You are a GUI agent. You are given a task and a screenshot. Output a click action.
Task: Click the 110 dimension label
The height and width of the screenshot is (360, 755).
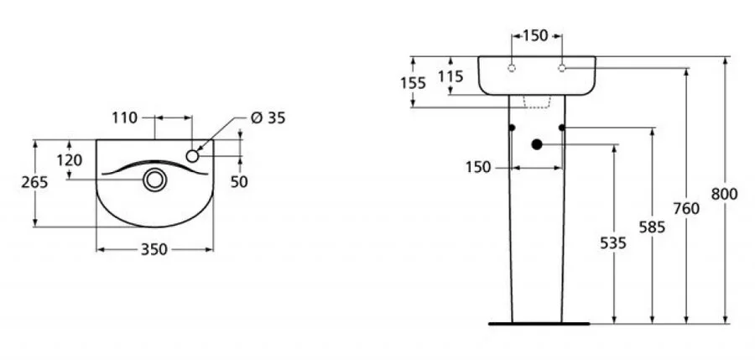[x=124, y=118]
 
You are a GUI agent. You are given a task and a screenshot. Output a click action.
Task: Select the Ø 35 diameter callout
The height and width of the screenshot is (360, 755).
[x=268, y=117]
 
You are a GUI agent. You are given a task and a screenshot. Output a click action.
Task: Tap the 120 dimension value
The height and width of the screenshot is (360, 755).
[x=70, y=160]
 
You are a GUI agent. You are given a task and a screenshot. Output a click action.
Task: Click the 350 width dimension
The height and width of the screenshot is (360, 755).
[x=155, y=249]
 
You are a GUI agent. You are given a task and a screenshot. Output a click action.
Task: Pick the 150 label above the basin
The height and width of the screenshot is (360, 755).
[x=535, y=35]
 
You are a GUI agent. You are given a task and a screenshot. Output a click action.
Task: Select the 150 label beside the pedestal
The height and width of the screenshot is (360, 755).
[x=478, y=168]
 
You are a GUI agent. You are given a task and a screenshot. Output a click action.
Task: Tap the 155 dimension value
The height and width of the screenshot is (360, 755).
[x=413, y=82]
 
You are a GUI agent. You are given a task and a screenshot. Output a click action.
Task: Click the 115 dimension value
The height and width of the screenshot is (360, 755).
[x=451, y=76]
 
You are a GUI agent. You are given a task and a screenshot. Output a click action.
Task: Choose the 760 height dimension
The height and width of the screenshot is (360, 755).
[x=686, y=209]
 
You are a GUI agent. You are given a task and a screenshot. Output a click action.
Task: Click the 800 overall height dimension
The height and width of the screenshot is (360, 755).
[x=724, y=194]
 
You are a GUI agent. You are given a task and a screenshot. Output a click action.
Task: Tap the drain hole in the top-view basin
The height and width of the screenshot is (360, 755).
[x=154, y=179]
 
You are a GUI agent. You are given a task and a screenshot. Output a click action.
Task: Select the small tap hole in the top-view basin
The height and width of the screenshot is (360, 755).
[x=193, y=155]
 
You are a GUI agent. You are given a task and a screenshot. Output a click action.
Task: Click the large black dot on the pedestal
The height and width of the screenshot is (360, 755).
[x=537, y=143]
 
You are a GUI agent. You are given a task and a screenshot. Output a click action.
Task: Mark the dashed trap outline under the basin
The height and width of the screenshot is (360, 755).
[x=537, y=102]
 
